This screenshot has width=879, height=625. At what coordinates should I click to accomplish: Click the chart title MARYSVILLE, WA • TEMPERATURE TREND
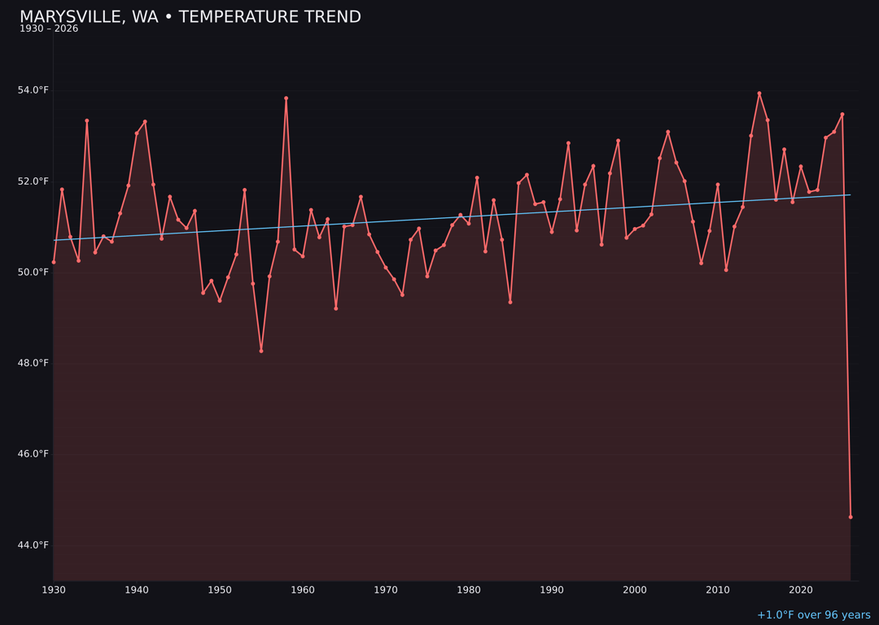point(190,17)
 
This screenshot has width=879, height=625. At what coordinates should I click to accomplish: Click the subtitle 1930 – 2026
point(49,29)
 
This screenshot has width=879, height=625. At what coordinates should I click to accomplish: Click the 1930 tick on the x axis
point(54,590)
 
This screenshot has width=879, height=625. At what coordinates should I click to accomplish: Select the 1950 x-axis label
point(220,590)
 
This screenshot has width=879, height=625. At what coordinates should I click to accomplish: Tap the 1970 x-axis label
point(386,590)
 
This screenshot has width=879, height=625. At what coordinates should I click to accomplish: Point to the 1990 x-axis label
point(552,590)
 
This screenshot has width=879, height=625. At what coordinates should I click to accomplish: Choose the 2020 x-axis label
point(801,590)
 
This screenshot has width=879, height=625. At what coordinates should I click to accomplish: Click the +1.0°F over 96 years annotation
point(813,615)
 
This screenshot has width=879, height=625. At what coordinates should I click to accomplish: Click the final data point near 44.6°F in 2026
point(851,517)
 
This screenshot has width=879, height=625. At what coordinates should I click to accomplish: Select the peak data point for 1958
point(286,98)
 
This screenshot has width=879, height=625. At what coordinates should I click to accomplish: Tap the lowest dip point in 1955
point(261,351)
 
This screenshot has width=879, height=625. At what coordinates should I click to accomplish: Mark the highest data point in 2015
point(759,94)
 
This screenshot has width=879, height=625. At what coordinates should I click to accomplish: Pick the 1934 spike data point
point(87,120)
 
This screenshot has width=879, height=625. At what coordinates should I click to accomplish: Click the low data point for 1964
point(335,308)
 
